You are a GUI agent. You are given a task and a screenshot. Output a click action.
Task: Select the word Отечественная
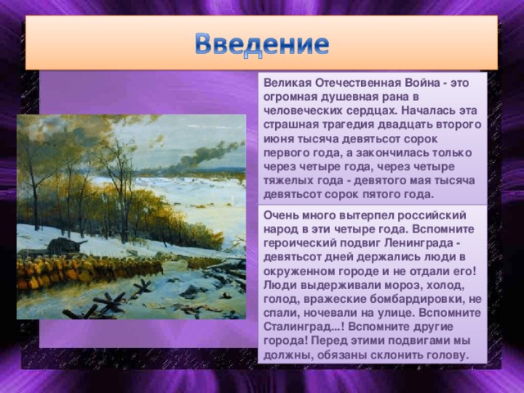pos(357,84)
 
